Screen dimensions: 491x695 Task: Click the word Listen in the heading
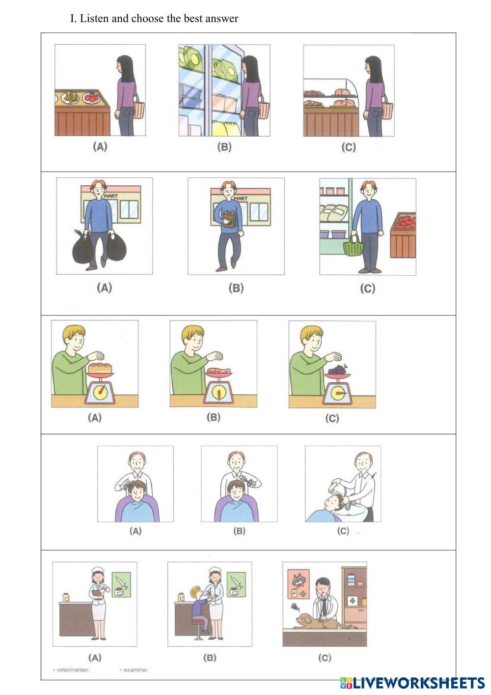point(94,18)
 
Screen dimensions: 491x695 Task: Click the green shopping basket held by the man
point(353,245)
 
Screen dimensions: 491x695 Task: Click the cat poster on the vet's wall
point(298,583)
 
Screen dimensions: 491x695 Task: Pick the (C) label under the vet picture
point(325,658)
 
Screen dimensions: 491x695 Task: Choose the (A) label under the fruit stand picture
point(100,146)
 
